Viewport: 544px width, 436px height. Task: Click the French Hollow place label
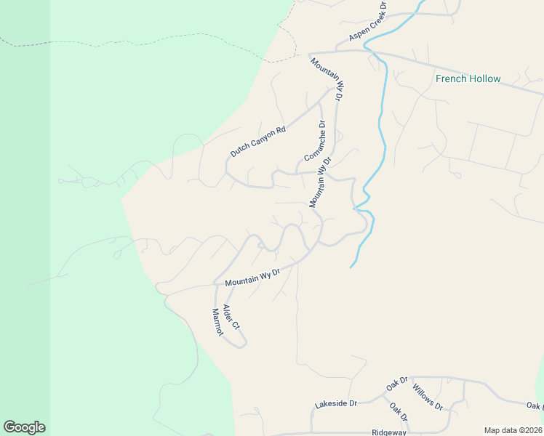click(468, 78)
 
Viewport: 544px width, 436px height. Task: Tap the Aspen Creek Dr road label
click(368, 25)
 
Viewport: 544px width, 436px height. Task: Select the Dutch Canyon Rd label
click(258, 142)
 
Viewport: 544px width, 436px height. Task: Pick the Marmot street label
click(216, 321)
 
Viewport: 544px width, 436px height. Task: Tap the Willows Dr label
click(427, 395)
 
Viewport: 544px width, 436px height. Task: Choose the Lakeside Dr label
click(336, 403)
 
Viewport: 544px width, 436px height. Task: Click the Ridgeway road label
click(388, 432)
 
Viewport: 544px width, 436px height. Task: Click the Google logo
click(24, 427)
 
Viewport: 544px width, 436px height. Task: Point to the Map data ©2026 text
click(513, 430)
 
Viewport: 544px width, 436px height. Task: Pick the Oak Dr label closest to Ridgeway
click(398, 412)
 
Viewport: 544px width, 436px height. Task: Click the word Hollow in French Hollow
click(484, 78)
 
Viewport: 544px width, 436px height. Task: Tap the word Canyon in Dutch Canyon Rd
click(260, 140)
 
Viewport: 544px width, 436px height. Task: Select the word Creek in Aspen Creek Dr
click(370, 24)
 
